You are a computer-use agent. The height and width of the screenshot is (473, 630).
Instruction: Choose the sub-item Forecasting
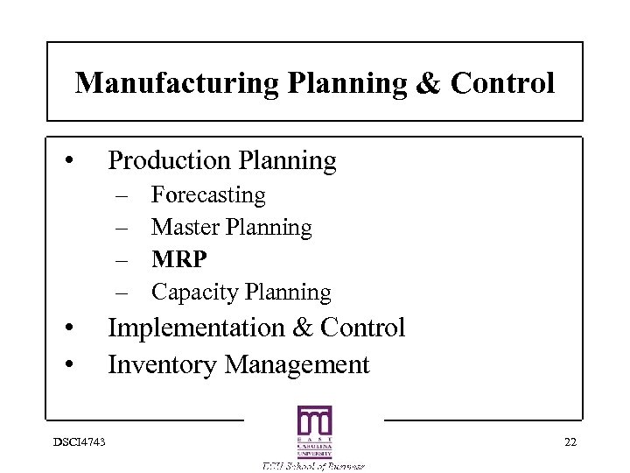208,194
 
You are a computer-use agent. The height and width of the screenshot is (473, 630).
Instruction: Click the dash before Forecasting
121,194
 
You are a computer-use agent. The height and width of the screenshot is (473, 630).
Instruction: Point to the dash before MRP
121,260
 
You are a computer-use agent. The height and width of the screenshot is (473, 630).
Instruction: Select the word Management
297,364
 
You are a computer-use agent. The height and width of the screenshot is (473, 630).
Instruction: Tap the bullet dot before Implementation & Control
67,329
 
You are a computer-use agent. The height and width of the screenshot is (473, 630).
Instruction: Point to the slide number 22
570,441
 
